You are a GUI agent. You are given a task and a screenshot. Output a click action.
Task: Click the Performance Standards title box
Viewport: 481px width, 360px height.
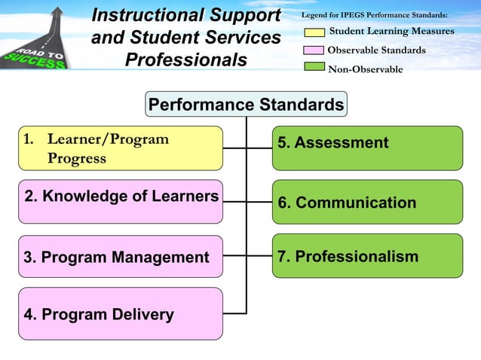tap(247, 105)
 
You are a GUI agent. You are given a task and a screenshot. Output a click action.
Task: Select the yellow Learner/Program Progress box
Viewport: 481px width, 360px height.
tap(121, 148)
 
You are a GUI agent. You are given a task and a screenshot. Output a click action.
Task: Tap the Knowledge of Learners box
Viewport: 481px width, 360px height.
tap(121, 202)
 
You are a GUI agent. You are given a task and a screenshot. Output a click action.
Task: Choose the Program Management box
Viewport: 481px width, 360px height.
tap(121, 257)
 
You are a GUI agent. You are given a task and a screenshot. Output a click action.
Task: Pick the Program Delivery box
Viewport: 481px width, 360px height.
tap(121, 313)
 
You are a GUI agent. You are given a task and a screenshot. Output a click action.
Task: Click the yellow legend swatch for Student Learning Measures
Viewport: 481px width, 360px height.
tap(314, 32)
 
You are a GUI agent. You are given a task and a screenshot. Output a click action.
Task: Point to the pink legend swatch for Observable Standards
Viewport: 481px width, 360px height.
tap(314, 50)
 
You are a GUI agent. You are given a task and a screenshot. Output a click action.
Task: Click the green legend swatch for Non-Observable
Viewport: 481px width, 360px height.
tap(314, 69)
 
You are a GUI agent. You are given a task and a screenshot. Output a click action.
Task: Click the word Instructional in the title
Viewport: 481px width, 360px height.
tap(146, 15)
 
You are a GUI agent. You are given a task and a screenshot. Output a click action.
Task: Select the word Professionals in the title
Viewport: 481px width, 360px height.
tap(185, 59)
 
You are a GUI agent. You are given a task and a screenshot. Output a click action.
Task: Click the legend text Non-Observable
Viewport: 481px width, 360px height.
tap(365, 70)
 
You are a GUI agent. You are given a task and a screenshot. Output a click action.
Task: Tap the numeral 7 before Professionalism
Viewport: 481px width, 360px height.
tap(282, 257)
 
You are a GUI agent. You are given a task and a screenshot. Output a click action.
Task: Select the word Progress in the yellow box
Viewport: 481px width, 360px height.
tap(76, 158)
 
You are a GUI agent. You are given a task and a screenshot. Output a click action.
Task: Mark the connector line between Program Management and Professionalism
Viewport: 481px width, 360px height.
tap(247, 256)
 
